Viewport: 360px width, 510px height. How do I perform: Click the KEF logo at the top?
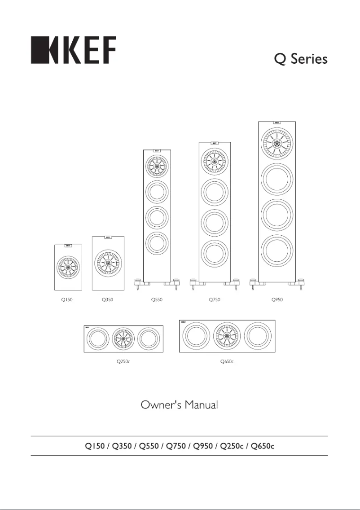coord(73,50)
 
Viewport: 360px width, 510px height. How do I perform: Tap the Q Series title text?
coord(302,59)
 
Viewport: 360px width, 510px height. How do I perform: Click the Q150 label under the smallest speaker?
coord(67,299)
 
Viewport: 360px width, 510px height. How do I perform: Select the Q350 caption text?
coord(108,299)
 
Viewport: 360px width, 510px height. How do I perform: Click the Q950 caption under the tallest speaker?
coord(277,299)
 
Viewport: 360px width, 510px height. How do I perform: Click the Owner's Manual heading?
coord(180,405)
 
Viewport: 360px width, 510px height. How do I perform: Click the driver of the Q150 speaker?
coord(68,268)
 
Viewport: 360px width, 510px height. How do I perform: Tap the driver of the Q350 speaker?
coord(108,263)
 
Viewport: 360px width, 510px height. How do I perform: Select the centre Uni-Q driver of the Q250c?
coord(123,339)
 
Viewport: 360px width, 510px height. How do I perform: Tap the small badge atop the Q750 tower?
coord(215,144)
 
